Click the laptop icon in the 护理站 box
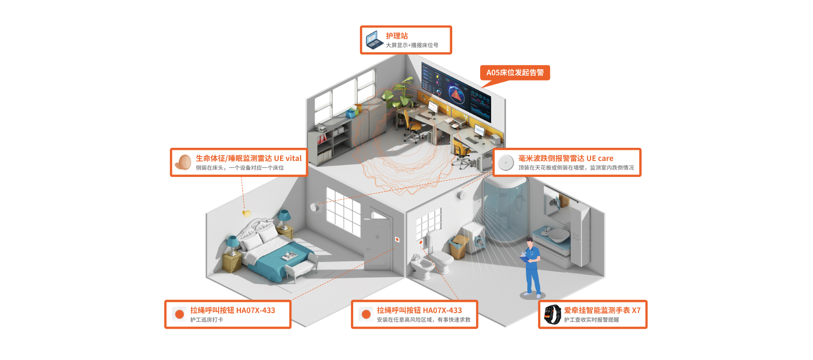click(x=374, y=40)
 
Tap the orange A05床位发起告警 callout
click(x=515, y=72)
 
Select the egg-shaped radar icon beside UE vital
click(x=184, y=162)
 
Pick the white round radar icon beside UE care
click(x=506, y=162)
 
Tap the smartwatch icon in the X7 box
click(x=553, y=314)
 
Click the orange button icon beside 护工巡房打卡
click(x=180, y=314)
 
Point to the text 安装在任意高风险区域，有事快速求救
click(x=423, y=320)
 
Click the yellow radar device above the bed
click(x=246, y=213)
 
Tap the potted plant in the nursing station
click(x=400, y=93)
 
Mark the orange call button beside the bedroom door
click(x=397, y=240)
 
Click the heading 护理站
click(x=397, y=36)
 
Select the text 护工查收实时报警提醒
click(x=591, y=320)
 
